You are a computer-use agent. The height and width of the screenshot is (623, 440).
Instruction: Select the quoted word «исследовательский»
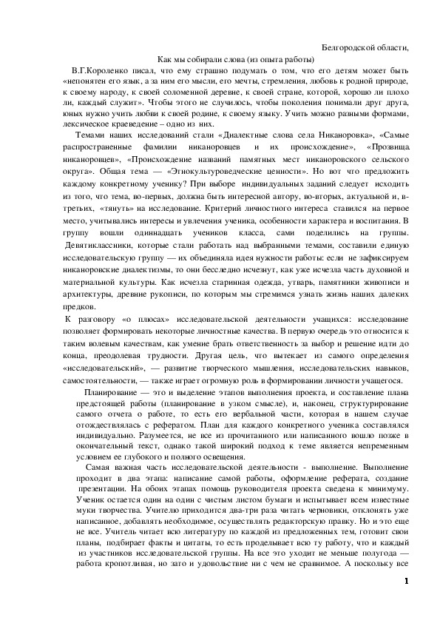click(104, 366)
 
